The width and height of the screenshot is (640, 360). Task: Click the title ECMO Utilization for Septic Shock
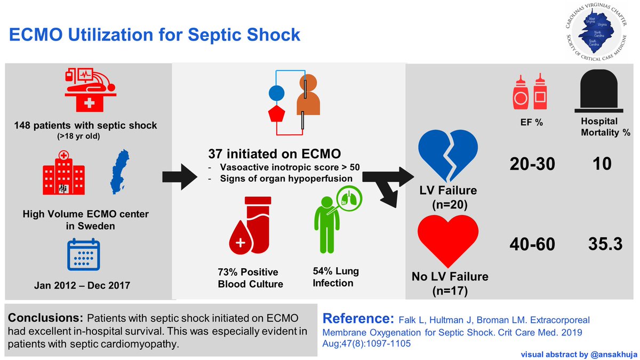coord(154,36)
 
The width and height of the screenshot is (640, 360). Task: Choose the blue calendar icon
coord(83,255)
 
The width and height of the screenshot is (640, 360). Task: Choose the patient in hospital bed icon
coord(88,88)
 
